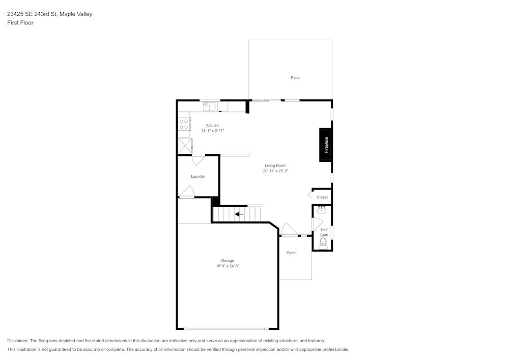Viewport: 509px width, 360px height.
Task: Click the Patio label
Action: pos(295,78)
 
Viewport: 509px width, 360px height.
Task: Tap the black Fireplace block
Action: pos(326,145)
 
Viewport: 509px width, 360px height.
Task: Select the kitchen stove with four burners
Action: pos(184,124)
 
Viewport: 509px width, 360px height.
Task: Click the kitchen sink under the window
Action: pos(209,107)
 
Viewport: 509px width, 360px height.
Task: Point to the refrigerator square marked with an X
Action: pos(185,146)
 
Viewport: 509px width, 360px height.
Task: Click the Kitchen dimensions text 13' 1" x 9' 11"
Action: pos(213,131)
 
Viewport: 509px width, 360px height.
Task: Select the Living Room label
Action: pos(275,165)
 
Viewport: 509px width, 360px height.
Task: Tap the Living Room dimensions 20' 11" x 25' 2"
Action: pos(275,171)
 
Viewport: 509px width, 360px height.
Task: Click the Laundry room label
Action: pos(198,177)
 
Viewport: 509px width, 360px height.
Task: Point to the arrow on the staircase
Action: pos(239,214)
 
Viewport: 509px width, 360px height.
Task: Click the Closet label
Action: pos(322,197)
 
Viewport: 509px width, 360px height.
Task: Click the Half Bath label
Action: pos(324,232)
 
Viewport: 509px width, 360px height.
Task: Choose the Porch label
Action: pos(291,253)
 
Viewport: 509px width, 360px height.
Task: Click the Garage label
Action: pos(227,261)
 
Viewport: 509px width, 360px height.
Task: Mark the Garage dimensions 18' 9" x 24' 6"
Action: pos(227,266)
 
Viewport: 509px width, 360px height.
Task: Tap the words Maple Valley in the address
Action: pos(76,14)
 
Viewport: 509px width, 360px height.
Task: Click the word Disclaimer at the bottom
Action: pos(18,341)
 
